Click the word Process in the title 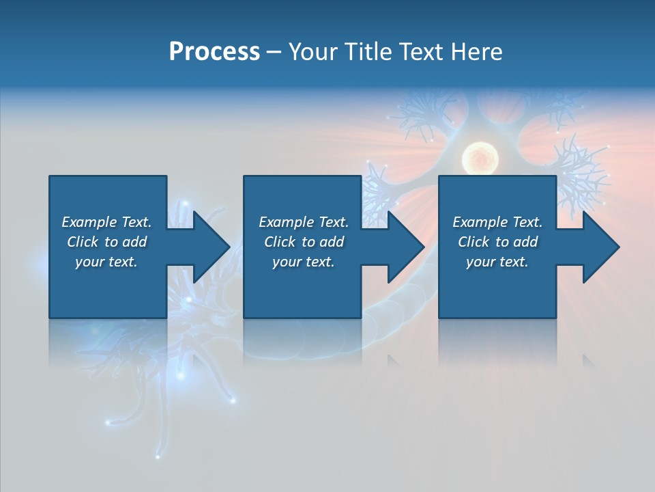pos(214,51)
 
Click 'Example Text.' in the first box pos(106,222)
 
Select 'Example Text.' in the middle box pos(304,222)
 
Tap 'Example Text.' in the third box pos(497,222)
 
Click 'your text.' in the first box pos(106,262)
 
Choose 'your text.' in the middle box pos(304,262)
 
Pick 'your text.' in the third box pos(497,262)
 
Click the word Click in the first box pos(83,242)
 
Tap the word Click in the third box pos(474,242)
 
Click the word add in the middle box pos(332,242)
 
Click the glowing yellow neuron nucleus pos(477,159)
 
